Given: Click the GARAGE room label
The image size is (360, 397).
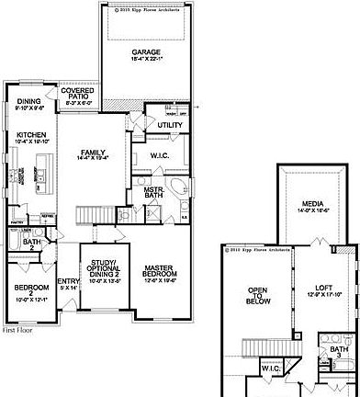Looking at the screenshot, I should click(146, 52).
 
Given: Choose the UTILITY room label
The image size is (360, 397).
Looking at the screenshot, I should click(170, 124).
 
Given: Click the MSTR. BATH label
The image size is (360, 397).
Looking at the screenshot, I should click(153, 192).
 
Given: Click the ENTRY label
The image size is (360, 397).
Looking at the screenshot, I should click(67, 284).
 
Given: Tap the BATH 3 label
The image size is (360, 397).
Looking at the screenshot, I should click(339, 352).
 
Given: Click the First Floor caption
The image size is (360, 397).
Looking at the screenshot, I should click(17, 328).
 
